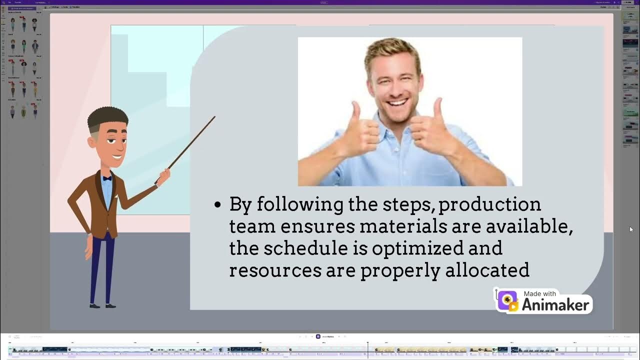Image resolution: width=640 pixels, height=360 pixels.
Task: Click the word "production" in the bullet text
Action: [489, 205]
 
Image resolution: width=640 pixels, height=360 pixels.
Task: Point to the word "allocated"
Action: [487, 270]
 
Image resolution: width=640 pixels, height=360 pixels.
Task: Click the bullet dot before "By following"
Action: [217, 205]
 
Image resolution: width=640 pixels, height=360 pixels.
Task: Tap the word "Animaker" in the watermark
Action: [555, 304]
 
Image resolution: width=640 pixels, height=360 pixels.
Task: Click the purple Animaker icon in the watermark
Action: [507, 301]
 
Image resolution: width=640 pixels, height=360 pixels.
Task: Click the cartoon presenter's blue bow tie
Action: [107, 178]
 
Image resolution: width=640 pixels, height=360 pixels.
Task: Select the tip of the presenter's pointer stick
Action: [214, 117]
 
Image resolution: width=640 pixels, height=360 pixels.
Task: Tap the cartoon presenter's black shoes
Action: [102, 305]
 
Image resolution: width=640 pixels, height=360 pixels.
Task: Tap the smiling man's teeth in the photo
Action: [397, 103]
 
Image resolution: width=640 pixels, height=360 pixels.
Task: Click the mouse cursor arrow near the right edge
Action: [631, 229]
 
